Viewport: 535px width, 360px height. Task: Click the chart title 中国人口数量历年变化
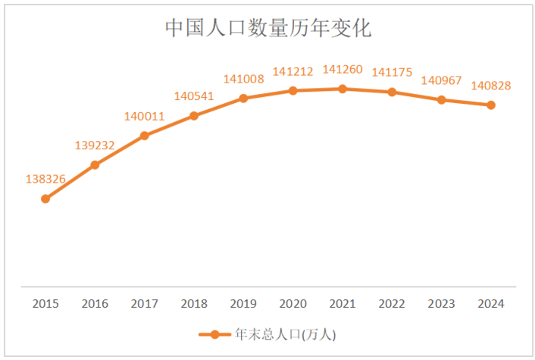(267, 29)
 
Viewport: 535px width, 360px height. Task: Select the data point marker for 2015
(45, 199)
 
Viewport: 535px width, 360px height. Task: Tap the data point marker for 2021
(343, 89)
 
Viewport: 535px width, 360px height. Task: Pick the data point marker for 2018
(194, 116)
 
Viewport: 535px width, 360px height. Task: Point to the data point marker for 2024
(491, 105)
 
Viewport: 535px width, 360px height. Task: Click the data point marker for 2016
(95, 164)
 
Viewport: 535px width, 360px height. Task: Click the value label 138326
(45, 180)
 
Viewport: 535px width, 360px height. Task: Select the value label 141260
(343, 69)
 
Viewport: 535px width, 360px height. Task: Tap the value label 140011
(144, 116)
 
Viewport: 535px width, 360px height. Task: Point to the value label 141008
(243, 78)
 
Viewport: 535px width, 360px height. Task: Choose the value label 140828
(491, 86)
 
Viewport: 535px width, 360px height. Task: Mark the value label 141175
(392, 73)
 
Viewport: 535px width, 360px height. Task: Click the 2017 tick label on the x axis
(144, 304)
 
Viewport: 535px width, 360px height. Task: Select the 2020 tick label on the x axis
(293, 304)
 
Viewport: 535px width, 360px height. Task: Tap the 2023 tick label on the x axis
(441, 304)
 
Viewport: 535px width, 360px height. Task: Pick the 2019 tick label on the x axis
(243, 304)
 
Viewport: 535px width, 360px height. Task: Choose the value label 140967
(441, 80)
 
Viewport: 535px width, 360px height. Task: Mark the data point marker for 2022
(392, 92)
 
